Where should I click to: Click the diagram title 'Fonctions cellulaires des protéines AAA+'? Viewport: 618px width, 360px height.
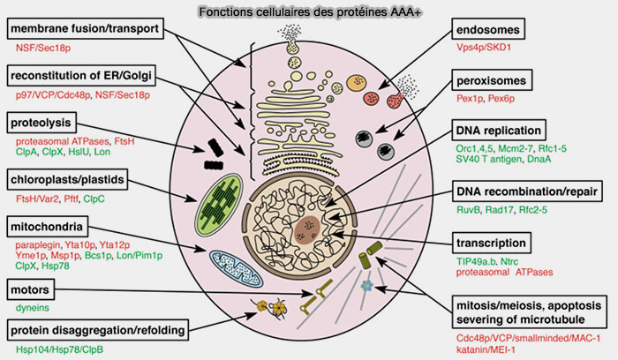(x=308, y=10)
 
